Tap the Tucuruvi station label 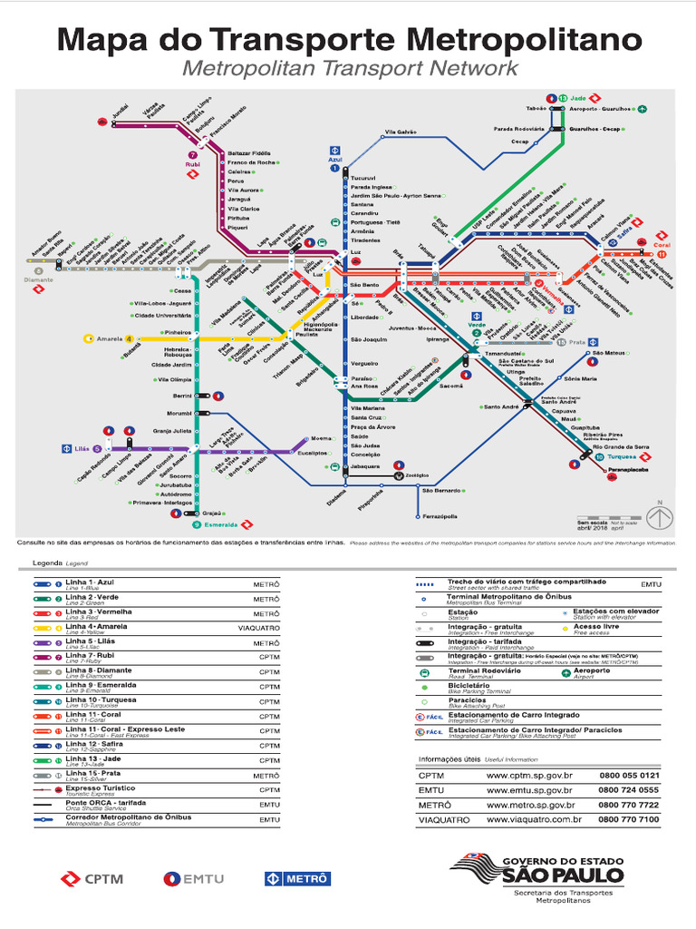click(362, 178)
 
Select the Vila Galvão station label click(400, 132)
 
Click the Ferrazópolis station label click(440, 516)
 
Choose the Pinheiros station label click(177, 333)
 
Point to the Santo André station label click(501, 407)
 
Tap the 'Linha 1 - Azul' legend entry click(89, 582)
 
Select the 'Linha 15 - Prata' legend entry click(89, 774)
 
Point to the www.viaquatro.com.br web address click(533, 819)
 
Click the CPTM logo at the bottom click(92, 878)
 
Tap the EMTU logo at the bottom click(193, 878)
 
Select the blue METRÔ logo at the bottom click(297, 878)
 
